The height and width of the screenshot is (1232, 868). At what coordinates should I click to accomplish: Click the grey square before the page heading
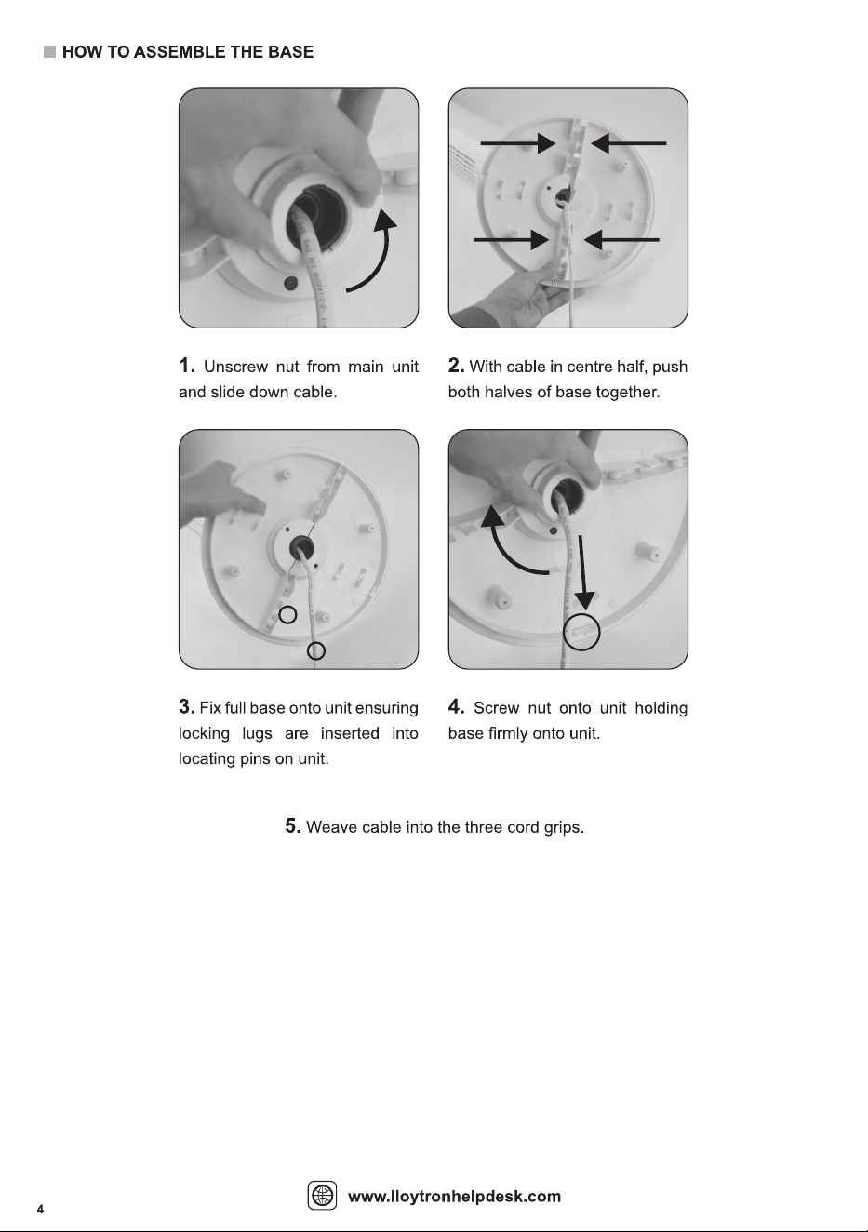pos(50,52)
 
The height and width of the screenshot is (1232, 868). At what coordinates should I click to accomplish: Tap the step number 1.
pos(186,365)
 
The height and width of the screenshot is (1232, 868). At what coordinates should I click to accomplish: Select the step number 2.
pos(456,365)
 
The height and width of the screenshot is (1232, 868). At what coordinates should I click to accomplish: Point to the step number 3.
pos(186,707)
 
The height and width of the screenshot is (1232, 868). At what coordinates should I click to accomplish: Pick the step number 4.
pos(456,707)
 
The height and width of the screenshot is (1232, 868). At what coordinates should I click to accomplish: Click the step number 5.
pos(293,826)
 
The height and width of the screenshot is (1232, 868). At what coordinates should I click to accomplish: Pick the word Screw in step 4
pos(496,708)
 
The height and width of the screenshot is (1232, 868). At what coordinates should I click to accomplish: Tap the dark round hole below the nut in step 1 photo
pos(289,284)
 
